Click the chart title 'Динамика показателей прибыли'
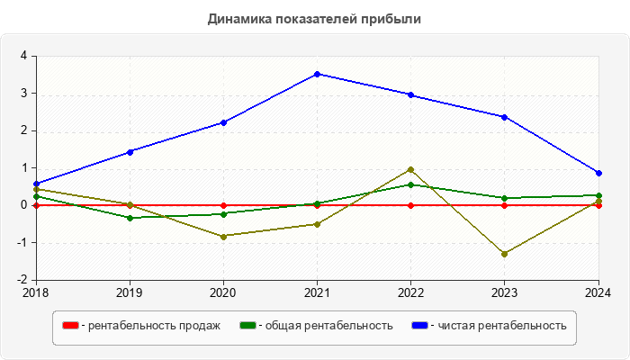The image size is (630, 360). tap(314, 18)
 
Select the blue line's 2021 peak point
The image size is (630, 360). tap(317, 74)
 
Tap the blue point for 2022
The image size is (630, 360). tap(410, 94)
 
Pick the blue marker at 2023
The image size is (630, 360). tap(504, 117)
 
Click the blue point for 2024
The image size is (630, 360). tap(598, 173)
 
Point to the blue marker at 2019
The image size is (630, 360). tap(130, 151)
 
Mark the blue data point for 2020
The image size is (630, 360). tap(223, 122)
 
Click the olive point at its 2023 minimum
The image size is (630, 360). tap(504, 254)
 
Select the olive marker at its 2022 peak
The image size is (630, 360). tap(410, 169)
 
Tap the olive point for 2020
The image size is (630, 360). tap(223, 236)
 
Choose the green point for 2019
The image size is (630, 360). tap(130, 218)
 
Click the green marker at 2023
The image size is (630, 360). tap(504, 198)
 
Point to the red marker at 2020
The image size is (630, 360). tap(223, 205)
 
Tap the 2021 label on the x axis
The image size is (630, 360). tap(317, 292)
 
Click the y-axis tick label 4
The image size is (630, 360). tap(24, 56)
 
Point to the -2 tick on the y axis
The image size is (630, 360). tap(22, 280)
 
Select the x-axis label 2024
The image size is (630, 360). tap(598, 292)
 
